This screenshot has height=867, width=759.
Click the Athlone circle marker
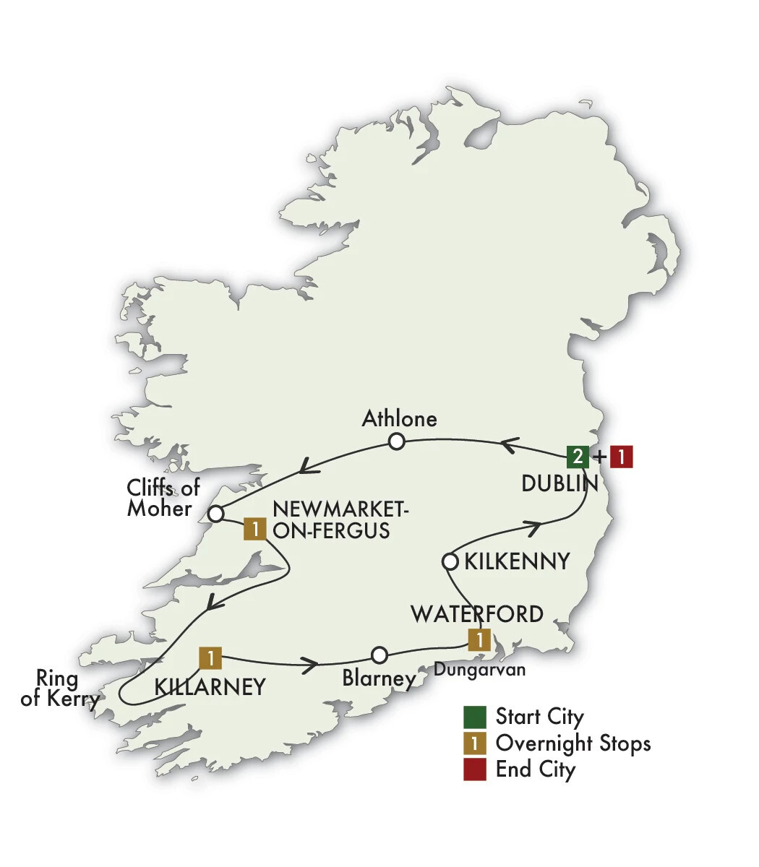pos(396,441)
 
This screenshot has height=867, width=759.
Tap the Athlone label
pos(400,418)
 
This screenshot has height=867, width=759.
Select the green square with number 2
pos(577,457)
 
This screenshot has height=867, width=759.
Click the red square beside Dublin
pos(621,457)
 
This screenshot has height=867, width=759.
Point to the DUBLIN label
pos(559,484)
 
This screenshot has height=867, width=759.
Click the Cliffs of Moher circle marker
pos(215,514)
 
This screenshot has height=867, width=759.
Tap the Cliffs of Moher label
pos(163,498)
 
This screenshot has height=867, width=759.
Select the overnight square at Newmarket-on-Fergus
pos(254,529)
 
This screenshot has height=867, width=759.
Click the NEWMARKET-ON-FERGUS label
pos(340,521)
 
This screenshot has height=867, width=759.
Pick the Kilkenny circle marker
pos(449,561)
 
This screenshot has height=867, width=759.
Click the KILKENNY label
pos(517,561)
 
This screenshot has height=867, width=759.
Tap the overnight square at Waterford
pos(479,639)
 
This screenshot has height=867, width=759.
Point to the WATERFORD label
pos(477,614)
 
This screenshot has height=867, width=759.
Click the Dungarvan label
pos(479,670)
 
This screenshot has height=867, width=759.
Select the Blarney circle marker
pos(379,655)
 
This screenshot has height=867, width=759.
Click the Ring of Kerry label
pos(60,689)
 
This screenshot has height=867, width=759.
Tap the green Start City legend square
pos(474,717)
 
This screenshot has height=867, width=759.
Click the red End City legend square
pos(474,769)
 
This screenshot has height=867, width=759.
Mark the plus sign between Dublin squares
pos(599,457)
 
